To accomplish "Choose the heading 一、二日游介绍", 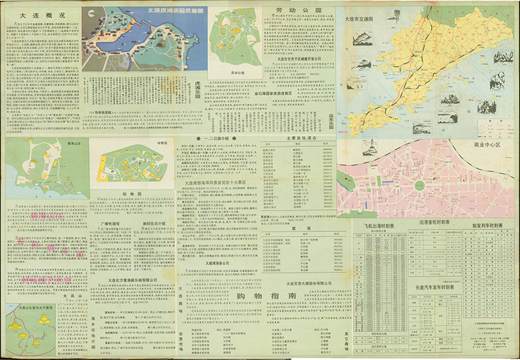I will [x=211, y=139].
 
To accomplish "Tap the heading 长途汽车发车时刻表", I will [x=440, y=285].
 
